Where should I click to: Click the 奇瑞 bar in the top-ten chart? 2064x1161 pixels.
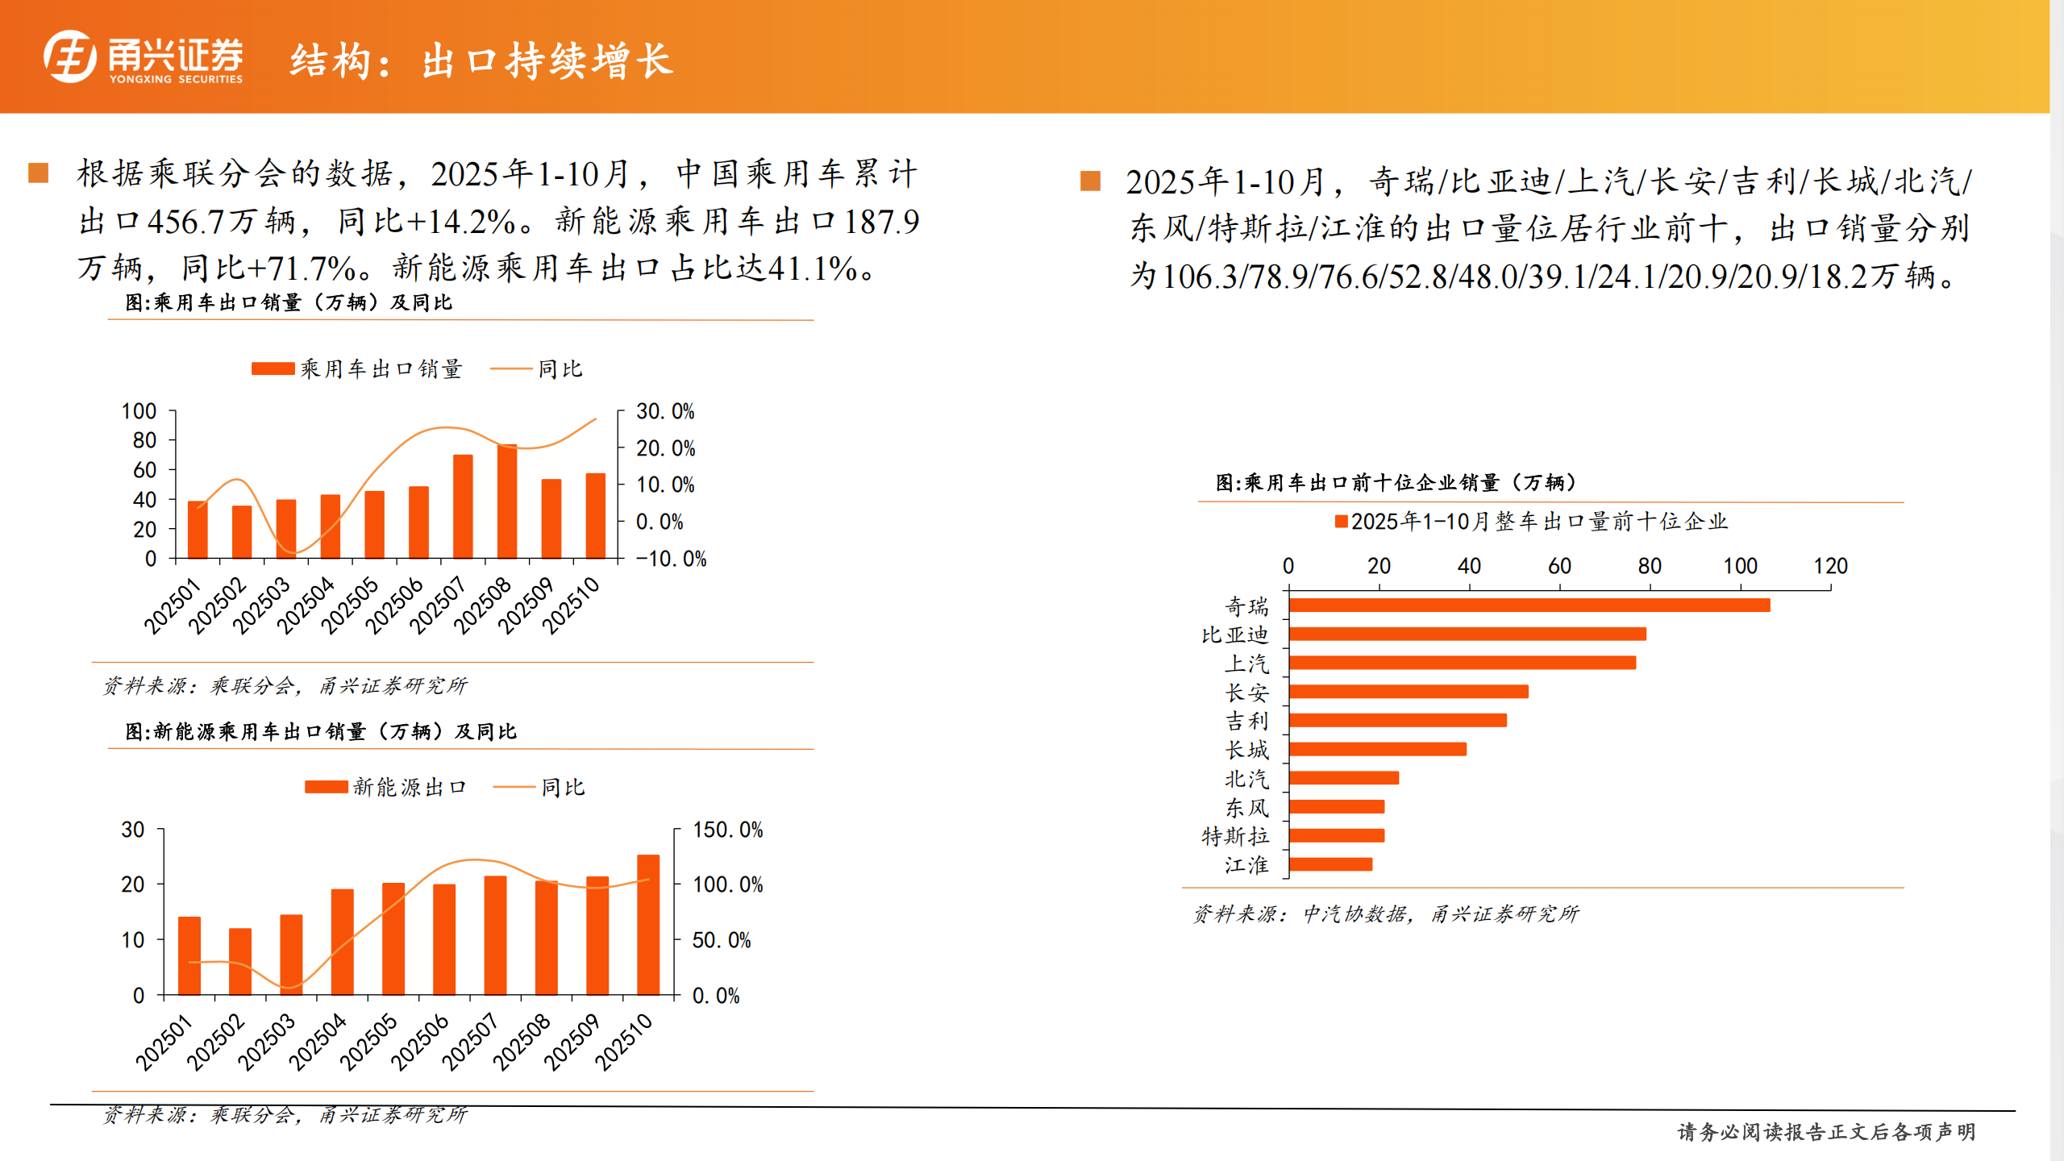coord(1529,605)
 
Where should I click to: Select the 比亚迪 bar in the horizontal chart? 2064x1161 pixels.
coord(1467,635)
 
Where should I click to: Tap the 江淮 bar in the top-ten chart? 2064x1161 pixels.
coord(1330,864)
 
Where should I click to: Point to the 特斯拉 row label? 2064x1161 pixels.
coord(1234,836)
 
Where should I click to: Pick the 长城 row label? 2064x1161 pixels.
coord(1246,750)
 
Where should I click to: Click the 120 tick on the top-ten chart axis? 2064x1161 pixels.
coord(1830,566)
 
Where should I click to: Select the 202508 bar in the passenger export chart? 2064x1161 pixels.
coord(507,501)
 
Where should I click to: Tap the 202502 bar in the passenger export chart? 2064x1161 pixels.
coord(242,532)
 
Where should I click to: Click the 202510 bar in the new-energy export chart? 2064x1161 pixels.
coord(648,925)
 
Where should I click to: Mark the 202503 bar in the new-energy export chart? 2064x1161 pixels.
coord(291,955)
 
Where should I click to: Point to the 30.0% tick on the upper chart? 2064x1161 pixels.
coord(664,412)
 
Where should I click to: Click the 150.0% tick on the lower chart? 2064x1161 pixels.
coord(727,830)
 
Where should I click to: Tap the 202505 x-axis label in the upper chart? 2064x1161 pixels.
coord(350,605)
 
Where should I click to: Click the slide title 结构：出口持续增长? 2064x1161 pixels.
coord(481,61)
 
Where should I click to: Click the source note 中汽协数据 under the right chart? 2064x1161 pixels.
coord(1354,913)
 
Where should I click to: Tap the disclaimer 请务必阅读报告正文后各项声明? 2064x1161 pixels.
coord(1826,1132)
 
